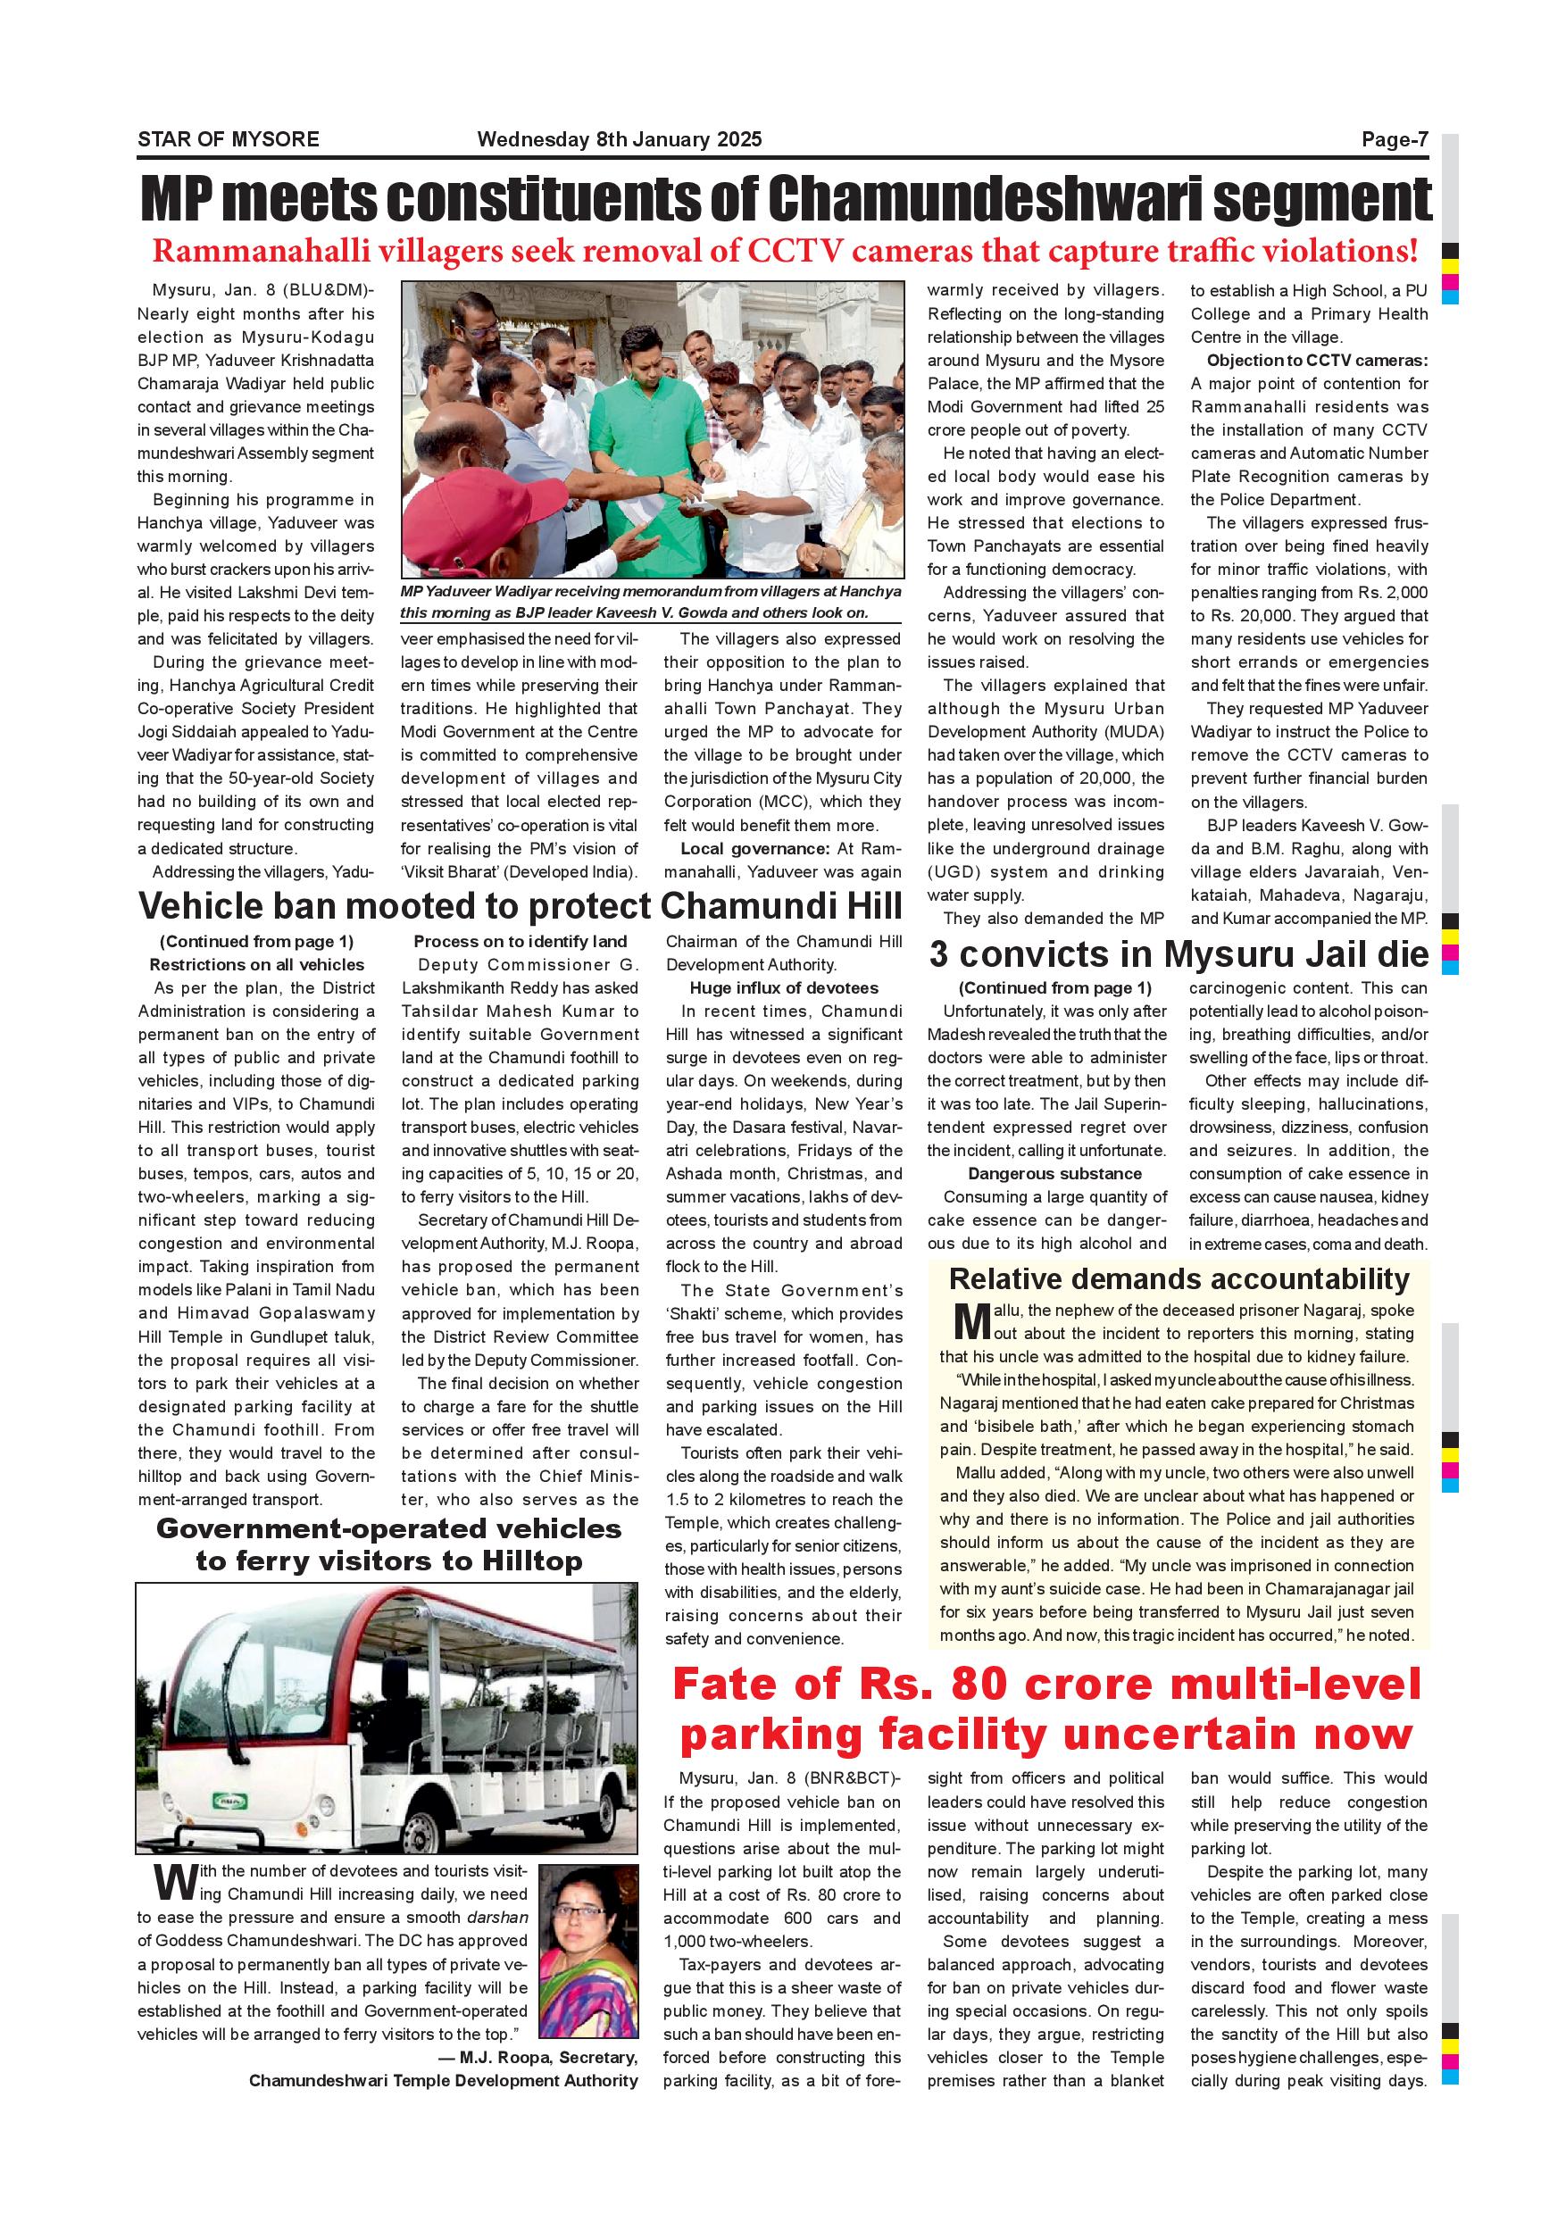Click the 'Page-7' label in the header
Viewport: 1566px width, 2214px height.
[1394, 140]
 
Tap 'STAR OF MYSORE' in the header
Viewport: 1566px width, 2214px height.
[229, 140]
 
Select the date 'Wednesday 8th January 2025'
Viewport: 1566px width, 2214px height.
[619, 140]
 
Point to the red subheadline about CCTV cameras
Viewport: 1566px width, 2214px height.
[785, 251]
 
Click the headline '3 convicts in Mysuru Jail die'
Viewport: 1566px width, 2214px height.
[1179, 954]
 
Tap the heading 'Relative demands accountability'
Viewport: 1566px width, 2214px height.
[1179, 1278]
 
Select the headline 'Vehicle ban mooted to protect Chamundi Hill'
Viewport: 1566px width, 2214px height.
[521, 906]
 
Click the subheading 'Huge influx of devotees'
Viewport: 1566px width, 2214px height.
[783, 988]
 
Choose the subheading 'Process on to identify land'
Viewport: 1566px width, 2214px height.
[520, 942]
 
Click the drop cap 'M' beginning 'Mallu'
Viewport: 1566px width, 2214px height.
[971, 1321]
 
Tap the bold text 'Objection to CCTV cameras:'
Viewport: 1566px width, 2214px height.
[1316, 361]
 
